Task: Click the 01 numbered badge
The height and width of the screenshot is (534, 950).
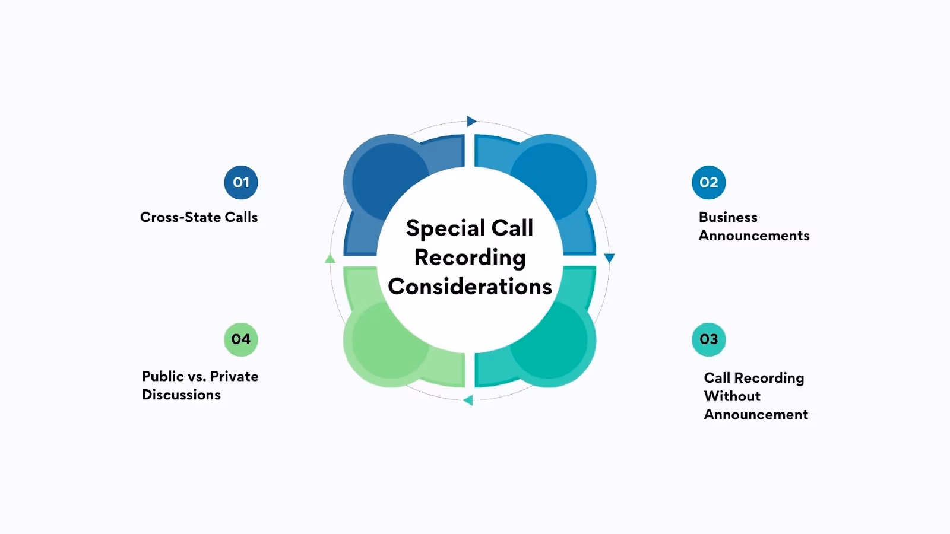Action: pyautogui.click(x=241, y=183)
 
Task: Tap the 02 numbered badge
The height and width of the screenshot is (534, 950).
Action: pyautogui.click(x=709, y=183)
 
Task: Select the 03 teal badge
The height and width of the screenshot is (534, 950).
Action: pyautogui.click(x=709, y=339)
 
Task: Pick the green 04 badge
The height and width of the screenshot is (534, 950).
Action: pyautogui.click(x=241, y=339)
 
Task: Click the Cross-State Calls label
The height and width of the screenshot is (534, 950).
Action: pyautogui.click(x=199, y=217)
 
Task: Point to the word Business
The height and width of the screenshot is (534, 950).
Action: pyautogui.click(x=728, y=217)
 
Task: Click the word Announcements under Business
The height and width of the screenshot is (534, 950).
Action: pyautogui.click(x=754, y=236)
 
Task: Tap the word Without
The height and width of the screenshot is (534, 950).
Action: pyautogui.click(x=732, y=396)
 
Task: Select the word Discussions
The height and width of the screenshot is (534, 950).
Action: pyautogui.click(x=181, y=395)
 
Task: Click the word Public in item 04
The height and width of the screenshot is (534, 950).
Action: pyautogui.click(x=163, y=376)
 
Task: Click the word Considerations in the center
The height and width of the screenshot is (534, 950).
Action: pyautogui.click(x=470, y=287)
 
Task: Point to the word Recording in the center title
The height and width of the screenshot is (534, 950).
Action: pyautogui.click(x=470, y=258)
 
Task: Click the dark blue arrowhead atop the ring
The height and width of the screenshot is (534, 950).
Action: pyautogui.click(x=471, y=122)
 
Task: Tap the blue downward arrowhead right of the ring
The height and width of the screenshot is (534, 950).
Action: pyautogui.click(x=609, y=258)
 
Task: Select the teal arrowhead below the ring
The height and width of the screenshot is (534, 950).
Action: pyautogui.click(x=468, y=400)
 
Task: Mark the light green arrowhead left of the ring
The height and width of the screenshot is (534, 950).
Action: pyautogui.click(x=330, y=258)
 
